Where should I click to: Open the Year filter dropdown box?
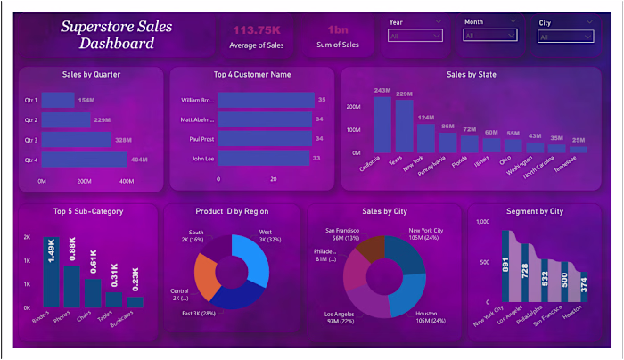(x=415, y=36)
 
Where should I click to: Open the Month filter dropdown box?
(x=489, y=36)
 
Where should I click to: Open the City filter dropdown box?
(x=564, y=36)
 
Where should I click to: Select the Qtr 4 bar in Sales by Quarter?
(x=84, y=160)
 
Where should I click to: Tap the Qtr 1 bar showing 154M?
(x=58, y=100)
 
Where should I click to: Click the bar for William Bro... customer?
(x=266, y=100)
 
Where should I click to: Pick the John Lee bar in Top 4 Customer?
(x=263, y=159)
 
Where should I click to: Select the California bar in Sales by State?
(x=382, y=125)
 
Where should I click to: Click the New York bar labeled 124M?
(x=426, y=138)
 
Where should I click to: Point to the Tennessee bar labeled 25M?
(x=579, y=150)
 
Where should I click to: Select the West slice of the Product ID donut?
(x=251, y=258)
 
